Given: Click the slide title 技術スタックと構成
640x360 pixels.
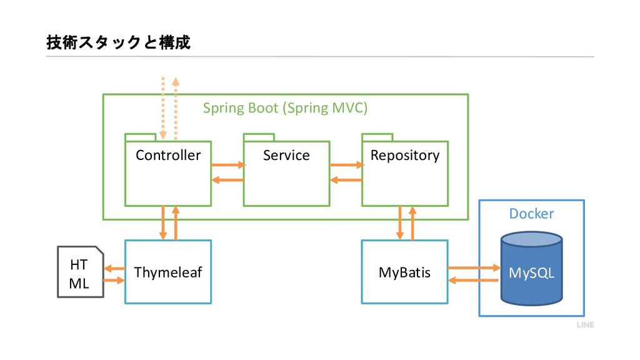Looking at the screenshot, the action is pyautogui.click(x=118, y=42).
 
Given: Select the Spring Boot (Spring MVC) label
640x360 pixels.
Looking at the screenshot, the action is pyautogui.click(x=285, y=107).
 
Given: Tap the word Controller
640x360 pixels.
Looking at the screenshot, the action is pyautogui.click(x=168, y=155).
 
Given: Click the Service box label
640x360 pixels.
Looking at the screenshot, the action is pyautogui.click(x=286, y=155).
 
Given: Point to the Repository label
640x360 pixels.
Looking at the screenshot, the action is pyautogui.click(x=405, y=156).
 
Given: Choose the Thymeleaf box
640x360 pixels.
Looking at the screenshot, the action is pyautogui.click(x=168, y=272).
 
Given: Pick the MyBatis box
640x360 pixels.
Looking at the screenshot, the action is pyautogui.click(x=404, y=272).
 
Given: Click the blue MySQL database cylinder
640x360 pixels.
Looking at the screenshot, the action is pyautogui.click(x=531, y=269).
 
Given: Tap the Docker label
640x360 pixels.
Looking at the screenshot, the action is pyautogui.click(x=531, y=214).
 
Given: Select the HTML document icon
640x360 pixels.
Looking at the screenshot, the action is pyautogui.click(x=81, y=272).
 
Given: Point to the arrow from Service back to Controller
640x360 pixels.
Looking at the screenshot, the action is pyautogui.click(x=227, y=180).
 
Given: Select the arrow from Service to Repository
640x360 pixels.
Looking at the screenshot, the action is pyautogui.click(x=347, y=165).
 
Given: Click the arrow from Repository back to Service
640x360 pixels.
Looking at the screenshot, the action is pyautogui.click(x=346, y=180).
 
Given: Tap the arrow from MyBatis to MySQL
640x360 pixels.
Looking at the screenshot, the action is pyautogui.click(x=474, y=267).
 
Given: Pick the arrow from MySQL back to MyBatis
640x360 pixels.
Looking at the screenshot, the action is pyautogui.click(x=473, y=281).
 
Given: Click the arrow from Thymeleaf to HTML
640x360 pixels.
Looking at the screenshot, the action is pyautogui.click(x=114, y=269).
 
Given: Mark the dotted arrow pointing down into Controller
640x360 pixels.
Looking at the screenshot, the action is pyautogui.click(x=163, y=108).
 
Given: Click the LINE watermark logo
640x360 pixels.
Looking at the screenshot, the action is pyautogui.click(x=585, y=325).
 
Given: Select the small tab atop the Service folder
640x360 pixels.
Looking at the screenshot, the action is pyautogui.click(x=259, y=137).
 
